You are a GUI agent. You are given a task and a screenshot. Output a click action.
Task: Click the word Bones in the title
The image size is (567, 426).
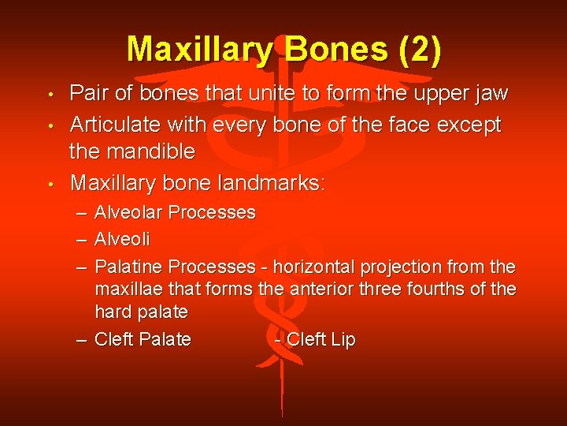338,49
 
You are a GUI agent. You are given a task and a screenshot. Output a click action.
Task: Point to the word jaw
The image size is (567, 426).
492,95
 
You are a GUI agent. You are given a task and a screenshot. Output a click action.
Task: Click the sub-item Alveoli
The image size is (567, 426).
122,238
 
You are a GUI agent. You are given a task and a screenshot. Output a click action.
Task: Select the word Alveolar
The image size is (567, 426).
129,212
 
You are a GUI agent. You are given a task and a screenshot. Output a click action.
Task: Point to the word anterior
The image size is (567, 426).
321,289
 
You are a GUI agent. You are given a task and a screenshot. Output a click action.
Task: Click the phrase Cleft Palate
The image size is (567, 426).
143,339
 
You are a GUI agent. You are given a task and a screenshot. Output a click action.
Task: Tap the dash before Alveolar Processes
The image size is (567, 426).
83,213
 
